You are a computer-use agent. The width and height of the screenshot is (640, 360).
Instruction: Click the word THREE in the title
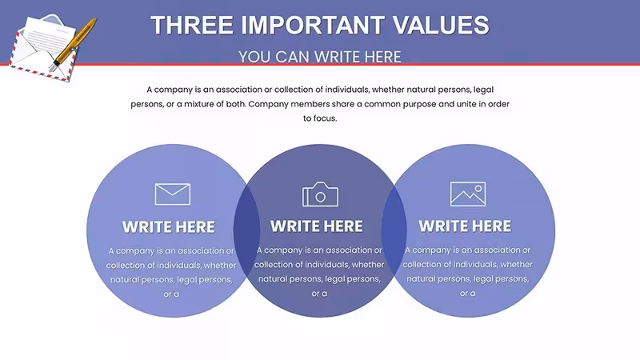pos(192,25)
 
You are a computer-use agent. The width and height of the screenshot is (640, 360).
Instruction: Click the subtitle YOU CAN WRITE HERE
pos(320,57)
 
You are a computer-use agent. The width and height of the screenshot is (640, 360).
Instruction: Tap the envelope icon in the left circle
pos(173,194)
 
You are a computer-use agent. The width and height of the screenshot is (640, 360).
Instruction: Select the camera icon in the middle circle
pos(321,194)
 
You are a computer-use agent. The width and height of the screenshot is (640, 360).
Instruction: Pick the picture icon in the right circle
pos(468,194)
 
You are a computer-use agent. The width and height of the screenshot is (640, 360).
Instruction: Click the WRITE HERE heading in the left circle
pos(169,227)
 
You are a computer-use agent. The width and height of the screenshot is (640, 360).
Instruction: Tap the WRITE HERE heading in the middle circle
pos(317,226)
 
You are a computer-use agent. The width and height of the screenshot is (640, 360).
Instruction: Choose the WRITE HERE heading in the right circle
pos(465,226)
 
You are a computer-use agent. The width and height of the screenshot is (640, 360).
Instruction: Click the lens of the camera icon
pos(321,197)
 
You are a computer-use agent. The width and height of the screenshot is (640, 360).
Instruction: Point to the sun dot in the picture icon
pos(478,189)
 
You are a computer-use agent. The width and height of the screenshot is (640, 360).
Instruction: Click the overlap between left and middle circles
pos(246,230)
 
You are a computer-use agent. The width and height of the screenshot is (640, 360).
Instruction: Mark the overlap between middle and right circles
pos(394,230)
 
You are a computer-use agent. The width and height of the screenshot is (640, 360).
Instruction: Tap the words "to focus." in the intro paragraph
pos(320,118)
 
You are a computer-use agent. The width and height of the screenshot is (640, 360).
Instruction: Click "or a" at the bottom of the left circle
pos(171,294)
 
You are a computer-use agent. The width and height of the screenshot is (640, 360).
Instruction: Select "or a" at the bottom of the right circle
pos(468,294)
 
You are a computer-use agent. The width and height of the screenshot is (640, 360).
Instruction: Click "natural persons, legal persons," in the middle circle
pos(319,279)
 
